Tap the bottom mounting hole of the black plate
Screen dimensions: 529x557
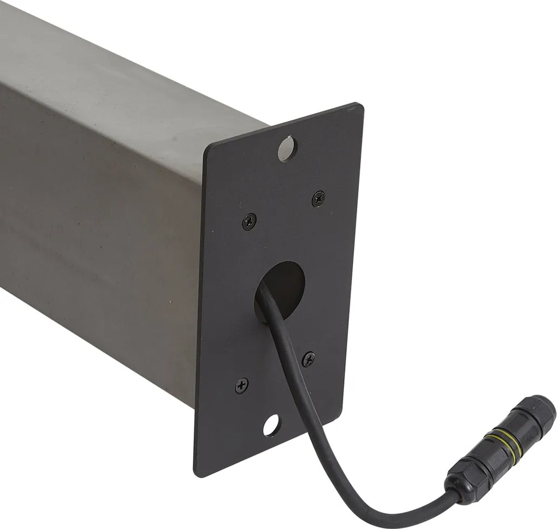click(x=270, y=425)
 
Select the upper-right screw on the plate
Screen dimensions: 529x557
click(x=318, y=198)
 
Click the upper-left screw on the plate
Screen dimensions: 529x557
click(x=249, y=221)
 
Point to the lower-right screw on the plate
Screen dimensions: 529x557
click(x=309, y=359)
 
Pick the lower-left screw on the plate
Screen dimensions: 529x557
click(x=241, y=385)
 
